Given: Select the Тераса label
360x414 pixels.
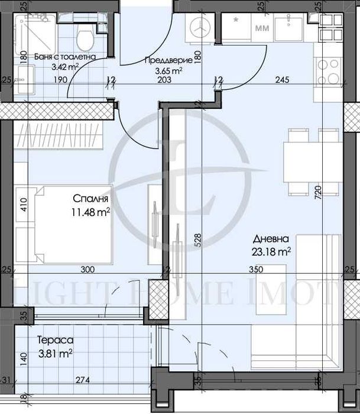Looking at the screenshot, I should point(54,341).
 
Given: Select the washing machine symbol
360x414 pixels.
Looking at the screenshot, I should point(201,27).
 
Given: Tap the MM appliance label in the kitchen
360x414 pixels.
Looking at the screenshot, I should point(260,28).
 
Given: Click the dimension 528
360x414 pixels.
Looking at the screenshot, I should point(199,240).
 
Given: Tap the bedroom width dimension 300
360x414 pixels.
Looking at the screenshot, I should point(87,270).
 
